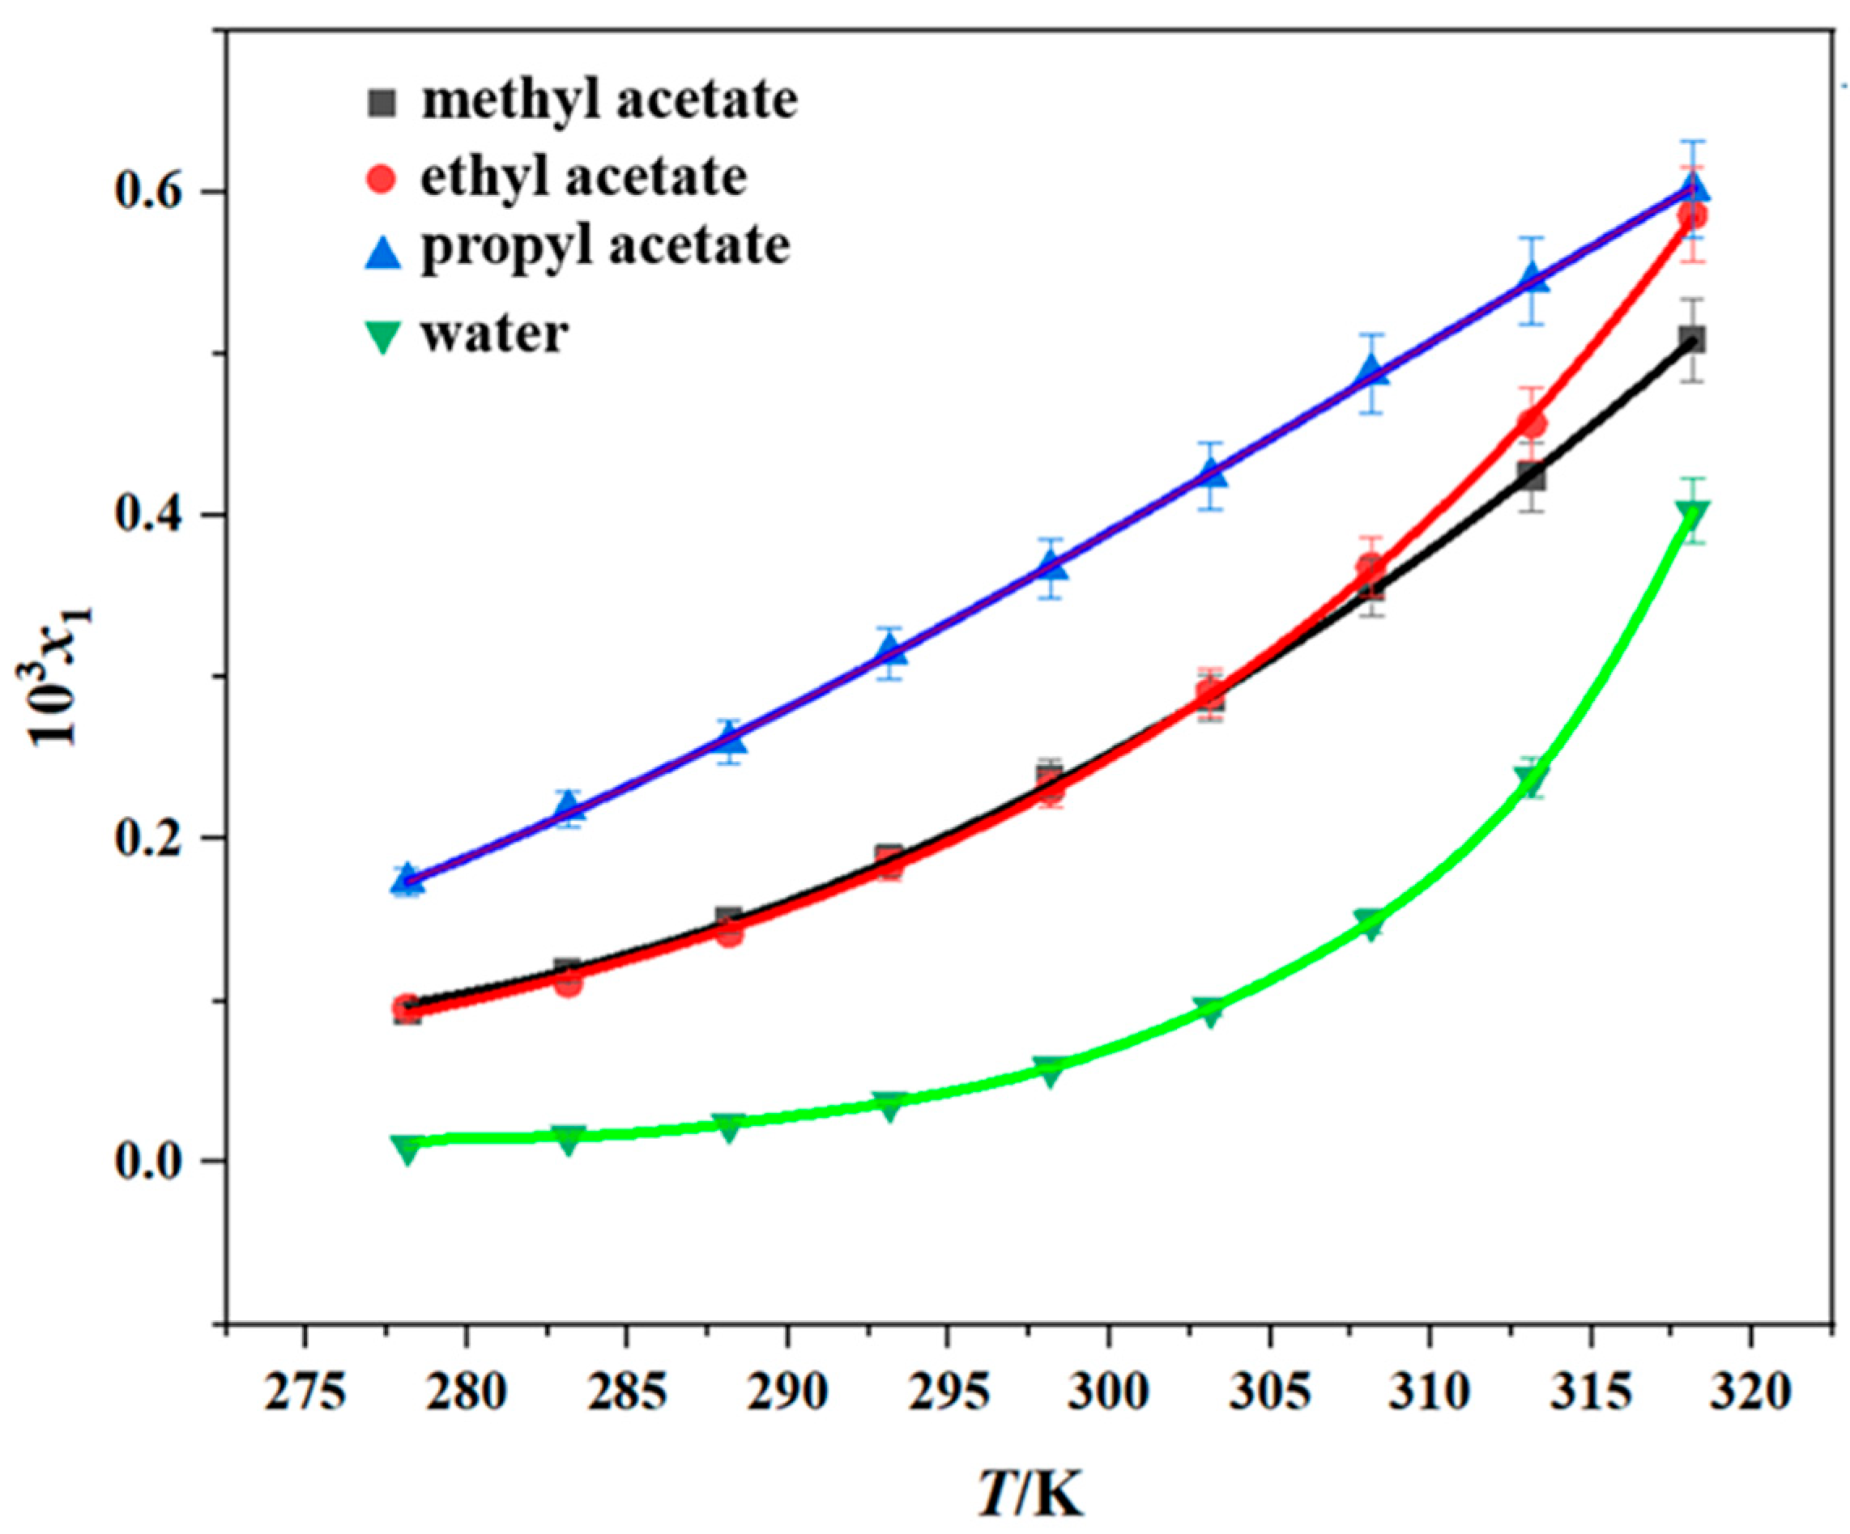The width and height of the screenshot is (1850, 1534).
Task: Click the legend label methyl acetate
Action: tap(609, 100)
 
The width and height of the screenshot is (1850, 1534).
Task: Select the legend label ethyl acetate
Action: tap(583, 176)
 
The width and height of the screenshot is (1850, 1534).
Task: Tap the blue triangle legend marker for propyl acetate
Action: tap(382, 254)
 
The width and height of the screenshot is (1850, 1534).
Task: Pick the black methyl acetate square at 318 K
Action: tap(1692, 340)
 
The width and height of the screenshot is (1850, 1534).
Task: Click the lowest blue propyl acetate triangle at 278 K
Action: tap(407, 879)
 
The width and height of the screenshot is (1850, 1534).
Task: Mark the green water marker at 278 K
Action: tap(407, 1147)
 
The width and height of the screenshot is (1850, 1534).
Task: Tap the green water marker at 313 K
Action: tap(1532, 778)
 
